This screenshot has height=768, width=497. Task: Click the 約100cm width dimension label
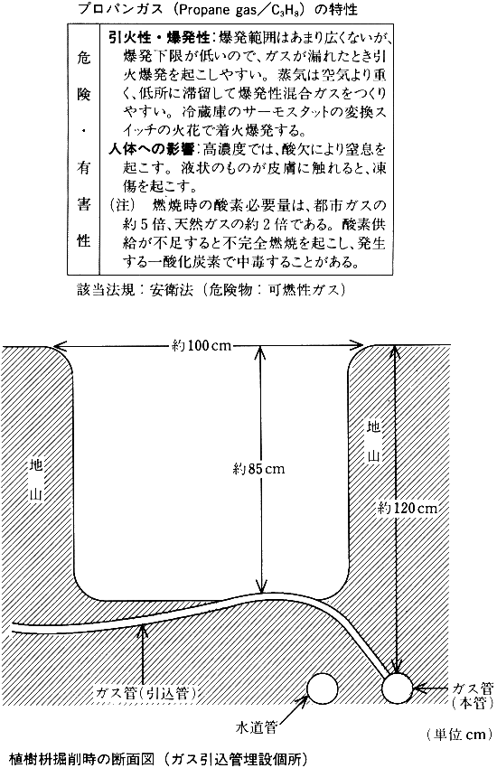pos(202,345)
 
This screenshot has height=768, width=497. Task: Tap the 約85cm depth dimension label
pos(258,469)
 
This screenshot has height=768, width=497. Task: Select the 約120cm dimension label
pos(408,508)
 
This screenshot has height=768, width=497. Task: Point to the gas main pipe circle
pos(398,688)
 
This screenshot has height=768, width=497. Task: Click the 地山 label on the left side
pos(37,479)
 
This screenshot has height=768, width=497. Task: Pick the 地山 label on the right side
pos(373,441)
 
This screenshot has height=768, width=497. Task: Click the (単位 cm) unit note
pos(458,735)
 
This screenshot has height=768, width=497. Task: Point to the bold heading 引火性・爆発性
pos(159,37)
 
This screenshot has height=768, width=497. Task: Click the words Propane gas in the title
pos(223,10)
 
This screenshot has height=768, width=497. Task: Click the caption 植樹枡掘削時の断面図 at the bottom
pos(81,759)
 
